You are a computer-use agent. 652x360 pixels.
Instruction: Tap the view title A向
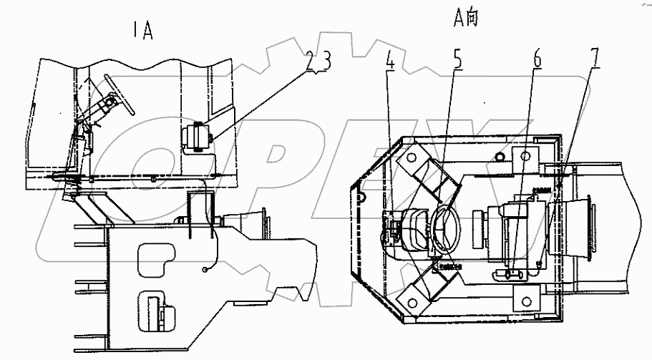point(467,19)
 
